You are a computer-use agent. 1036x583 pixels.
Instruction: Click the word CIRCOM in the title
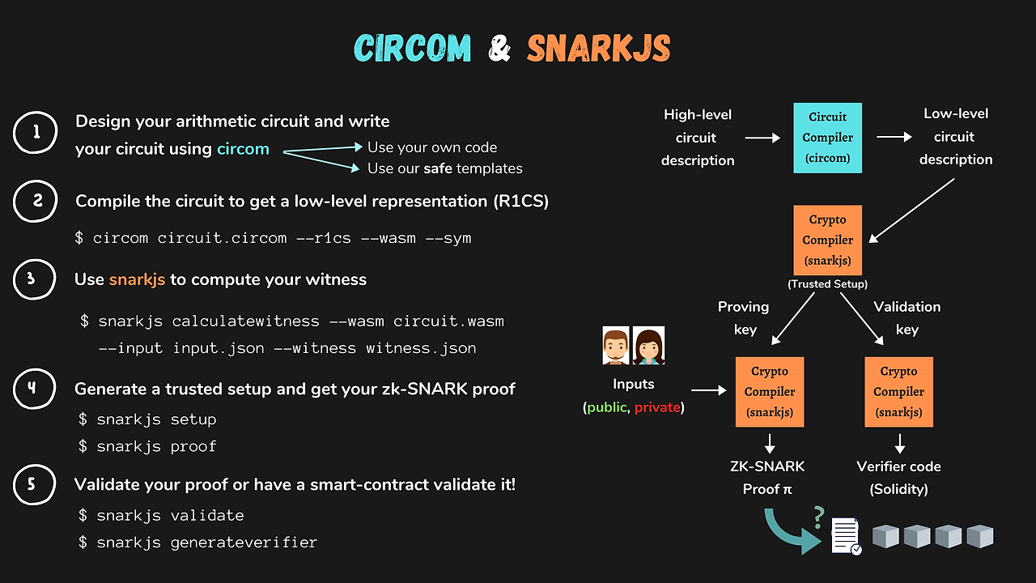click(x=412, y=49)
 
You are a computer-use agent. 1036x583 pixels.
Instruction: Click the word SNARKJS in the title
click(x=599, y=49)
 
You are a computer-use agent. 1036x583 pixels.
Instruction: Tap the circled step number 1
click(x=36, y=133)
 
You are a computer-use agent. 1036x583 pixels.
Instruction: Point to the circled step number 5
click(x=36, y=485)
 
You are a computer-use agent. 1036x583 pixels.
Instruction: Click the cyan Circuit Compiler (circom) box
click(x=826, y=138)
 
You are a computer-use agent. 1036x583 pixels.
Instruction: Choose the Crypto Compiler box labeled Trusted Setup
click(x=827, y=240)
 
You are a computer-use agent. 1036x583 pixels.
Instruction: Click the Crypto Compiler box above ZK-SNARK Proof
click(x=770, y=392)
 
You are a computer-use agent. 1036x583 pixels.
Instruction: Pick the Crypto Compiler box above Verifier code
click(x=898, y=392)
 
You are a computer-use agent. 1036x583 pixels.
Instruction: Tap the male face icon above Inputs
click(x=616, y=346)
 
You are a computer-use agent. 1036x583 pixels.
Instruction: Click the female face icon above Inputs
click(x=648, y=346)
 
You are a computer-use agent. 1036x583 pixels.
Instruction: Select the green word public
click(x=606, y=407)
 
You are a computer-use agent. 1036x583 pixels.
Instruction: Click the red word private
click(x=657, y=407)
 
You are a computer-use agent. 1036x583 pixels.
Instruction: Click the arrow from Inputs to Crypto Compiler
click(x=709, y=390)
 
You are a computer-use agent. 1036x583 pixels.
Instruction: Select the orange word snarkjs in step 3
click(x=137, y=279)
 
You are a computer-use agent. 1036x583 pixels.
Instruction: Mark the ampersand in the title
click(x=499, y=49)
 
